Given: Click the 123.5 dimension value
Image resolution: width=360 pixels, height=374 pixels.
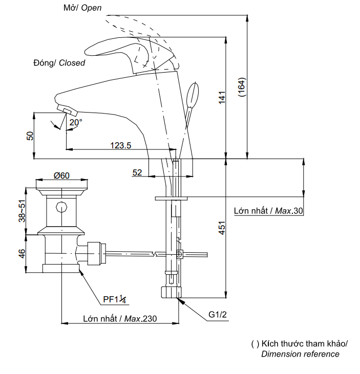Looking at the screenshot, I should point(121,145).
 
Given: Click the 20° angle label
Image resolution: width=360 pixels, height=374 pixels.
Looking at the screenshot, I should point(76,123).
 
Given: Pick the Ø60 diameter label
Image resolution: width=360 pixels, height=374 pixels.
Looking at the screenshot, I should point(61,175).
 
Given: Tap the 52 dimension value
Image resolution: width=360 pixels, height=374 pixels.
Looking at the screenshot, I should point(137,173).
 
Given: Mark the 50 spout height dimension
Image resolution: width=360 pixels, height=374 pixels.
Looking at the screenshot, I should point(30,136).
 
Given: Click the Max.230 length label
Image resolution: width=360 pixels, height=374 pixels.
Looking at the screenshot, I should point(120,318).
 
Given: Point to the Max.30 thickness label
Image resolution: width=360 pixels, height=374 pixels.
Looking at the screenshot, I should point(268,211).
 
